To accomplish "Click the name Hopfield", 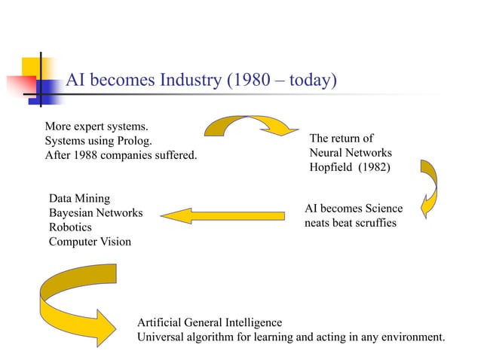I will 332,168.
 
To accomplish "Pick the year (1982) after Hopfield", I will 375,168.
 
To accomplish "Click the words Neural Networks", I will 351,153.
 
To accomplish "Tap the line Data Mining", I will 79,199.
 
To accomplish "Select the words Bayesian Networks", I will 95,213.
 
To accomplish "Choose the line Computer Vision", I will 90,242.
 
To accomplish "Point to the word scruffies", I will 372,223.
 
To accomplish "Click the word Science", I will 382,209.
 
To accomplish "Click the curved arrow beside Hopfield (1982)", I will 430,188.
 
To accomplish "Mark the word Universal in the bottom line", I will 161,336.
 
